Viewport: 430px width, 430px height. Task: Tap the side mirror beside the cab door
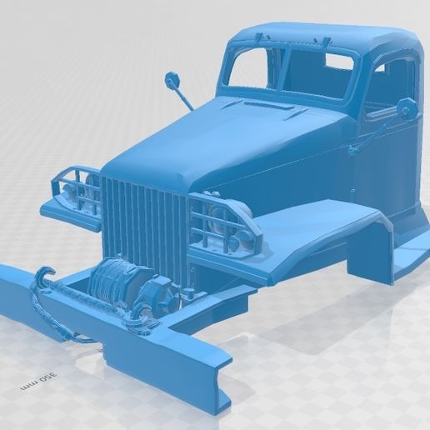[407, 107]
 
